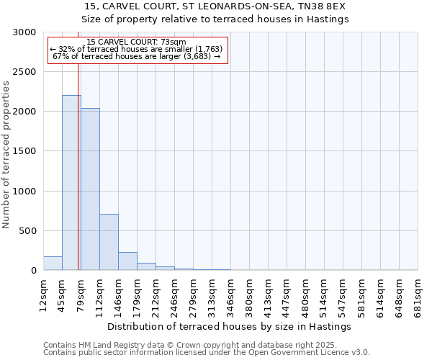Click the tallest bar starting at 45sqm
pos(71,183)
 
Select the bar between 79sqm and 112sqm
pos(90,189)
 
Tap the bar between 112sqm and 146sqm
pos(109,242)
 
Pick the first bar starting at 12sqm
pos(53,264)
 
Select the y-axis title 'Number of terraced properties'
pos(6,155)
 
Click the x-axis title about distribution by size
pos(230,326)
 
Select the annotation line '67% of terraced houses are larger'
pos(136,56)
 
